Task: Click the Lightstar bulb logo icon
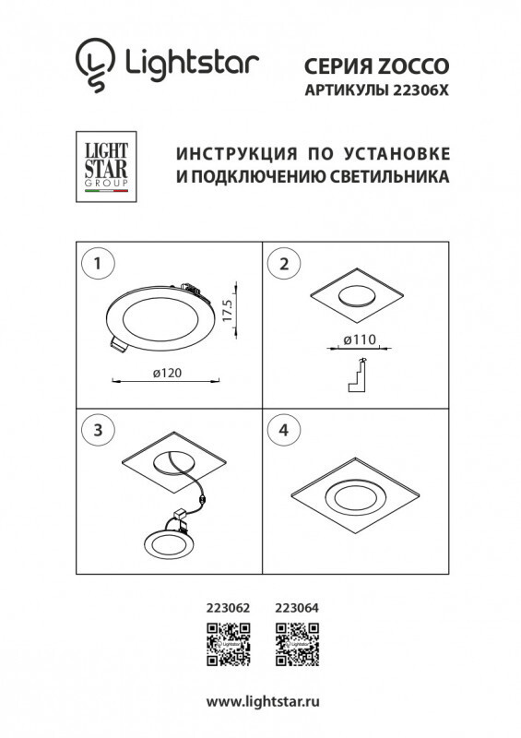[x=91, y=64]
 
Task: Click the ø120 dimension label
[x=165, y=373]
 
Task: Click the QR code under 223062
[x=227, y=644]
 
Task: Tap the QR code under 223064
[x=297, y=644]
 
